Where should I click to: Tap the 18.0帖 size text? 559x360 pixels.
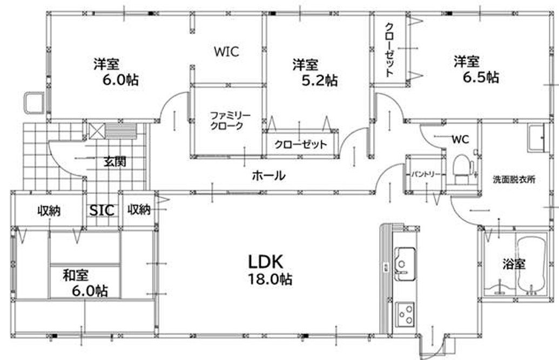coord(271,280)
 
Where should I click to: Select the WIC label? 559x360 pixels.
coord(226,52)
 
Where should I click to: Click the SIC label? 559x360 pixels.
coord(102,210)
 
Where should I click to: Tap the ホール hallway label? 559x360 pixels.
coord(268,175)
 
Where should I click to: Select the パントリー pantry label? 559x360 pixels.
coord(425,175)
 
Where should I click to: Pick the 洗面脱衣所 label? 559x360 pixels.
coord(514,180)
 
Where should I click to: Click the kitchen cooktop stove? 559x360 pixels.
coord(405,313)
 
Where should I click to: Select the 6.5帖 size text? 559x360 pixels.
coord(480,77)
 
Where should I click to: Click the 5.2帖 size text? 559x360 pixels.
coord(320,80)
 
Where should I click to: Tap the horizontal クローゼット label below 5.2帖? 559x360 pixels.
coord(300,145)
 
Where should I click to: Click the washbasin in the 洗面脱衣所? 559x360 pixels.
coord(536,138)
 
